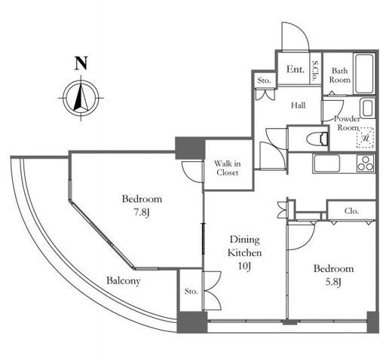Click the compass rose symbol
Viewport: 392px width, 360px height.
coord(81,98)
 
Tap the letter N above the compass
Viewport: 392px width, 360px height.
coord(81,63)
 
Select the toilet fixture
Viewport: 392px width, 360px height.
coord(318,139)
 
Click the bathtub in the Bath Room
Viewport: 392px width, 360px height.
coord(364,74)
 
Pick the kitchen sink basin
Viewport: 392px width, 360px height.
coord(326,163)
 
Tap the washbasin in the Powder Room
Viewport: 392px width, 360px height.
coord(368,108)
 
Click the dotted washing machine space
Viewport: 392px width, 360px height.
coord(366,138)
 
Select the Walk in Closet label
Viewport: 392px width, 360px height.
coord(227,168)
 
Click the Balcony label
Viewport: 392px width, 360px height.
coord(123,281)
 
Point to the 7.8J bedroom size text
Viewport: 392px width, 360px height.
coord(141,213)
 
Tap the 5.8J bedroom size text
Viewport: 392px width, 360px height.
coord(333,282)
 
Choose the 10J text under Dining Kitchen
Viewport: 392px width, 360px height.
coord(244,266)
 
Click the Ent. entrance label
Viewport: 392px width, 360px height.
coord(295,69)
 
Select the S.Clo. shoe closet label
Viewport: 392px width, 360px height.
coord(314,71)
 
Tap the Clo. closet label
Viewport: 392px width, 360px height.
coord(351,211)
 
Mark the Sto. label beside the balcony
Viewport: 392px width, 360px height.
coord(191,291)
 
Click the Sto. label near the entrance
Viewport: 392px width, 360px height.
coord(264,81)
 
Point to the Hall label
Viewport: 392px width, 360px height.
coord(299,105)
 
